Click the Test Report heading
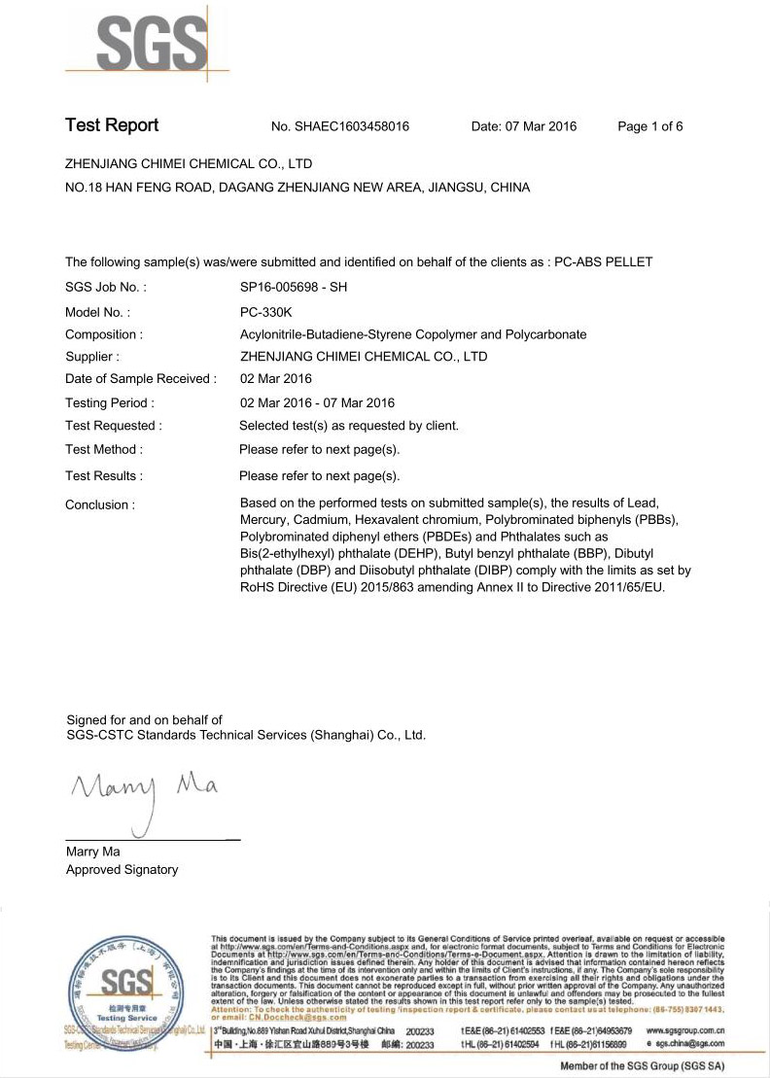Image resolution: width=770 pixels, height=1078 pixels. coord(111,125)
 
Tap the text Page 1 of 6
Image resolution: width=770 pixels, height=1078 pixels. coord(650,126)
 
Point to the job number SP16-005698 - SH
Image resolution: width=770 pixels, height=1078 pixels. coord(293,288)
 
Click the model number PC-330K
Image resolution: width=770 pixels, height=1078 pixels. coord(265,312)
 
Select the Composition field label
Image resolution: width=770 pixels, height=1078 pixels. coord(104,334)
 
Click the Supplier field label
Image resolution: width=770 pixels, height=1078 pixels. coord(92,357)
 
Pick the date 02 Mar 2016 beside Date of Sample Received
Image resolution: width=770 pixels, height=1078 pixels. coord(276,379)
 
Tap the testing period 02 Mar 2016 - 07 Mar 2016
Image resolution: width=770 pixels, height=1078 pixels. coord(317,402)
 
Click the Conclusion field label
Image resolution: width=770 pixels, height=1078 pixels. coord(100,504)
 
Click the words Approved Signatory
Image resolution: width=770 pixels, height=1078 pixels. coord(122,870)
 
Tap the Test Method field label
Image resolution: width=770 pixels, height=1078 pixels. coord(104,449)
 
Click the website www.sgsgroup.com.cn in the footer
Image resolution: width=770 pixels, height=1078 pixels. coord(684,1029)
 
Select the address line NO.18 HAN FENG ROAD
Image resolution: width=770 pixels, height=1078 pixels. coord(297,188)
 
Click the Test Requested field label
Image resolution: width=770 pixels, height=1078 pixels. coord(114,425)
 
